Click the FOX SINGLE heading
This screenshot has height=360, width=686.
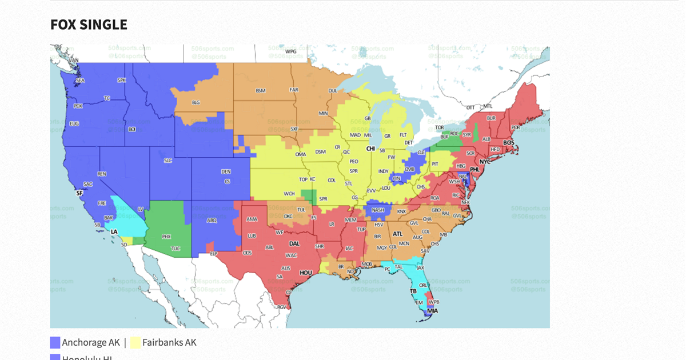[89, 25]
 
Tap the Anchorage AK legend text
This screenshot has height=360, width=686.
[91, 342]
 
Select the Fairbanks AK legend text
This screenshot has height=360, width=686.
[170, 342]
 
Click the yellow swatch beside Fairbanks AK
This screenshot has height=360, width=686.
[135, 343]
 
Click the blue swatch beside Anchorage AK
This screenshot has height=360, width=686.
[55, 343]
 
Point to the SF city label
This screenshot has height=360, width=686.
[79, 194]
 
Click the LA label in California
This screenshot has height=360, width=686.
[114, 231]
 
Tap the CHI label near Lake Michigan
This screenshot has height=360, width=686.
[370, 149]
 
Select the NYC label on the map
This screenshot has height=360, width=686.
[485, 162]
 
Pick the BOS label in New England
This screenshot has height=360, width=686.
[508, 142]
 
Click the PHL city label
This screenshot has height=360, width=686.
[474, 170]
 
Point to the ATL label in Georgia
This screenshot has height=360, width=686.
[397, 234]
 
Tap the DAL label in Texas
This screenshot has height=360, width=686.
[295, 242]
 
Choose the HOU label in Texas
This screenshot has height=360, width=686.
[306, 273]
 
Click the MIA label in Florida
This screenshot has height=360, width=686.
[432, 311]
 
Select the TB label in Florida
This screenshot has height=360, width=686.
[413, 291]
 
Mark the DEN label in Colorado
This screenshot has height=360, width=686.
[226, 171]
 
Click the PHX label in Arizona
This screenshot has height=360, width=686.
[166, 236]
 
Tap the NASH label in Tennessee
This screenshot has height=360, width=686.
[378, 210]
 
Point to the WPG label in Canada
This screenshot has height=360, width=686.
[290, 51]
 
